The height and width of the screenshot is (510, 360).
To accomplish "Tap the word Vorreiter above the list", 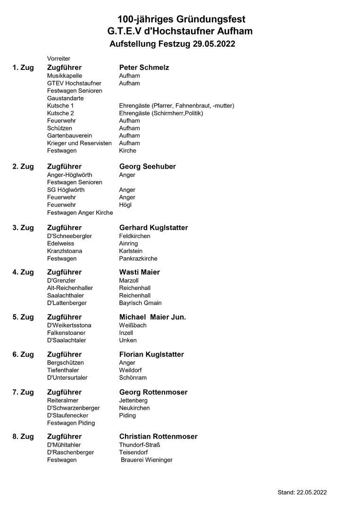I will click(x=59, y=59).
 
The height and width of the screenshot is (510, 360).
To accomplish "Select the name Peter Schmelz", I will click(x=144, y=68).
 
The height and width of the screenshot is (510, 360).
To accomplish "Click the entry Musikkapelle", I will click(x=65, y=76).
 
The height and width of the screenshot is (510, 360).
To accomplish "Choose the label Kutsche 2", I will click(x=60, y=113).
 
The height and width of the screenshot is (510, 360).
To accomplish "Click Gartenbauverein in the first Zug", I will click(x=69, y=136).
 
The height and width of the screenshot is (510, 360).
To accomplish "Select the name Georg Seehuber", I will click(x=147, y=167).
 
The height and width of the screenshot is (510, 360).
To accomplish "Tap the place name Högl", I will click(x=125, y=205).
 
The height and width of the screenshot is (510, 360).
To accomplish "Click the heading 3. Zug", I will click(x=23, y=228).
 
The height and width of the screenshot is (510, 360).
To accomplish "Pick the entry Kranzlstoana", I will click(x=65, y=251).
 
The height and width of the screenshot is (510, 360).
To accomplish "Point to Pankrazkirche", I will click(x=138, y=258).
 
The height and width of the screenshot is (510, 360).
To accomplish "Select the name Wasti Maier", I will click(x=139, y=272).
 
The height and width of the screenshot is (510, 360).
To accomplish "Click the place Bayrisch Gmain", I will click(x=140, y=303).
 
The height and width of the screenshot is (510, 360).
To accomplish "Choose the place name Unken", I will click(x=128, y=340).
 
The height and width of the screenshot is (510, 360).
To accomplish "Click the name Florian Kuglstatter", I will click(x=151, y=354).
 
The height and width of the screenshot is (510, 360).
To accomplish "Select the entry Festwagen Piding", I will click(x=71, y=423).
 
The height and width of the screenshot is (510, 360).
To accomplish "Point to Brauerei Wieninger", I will click(x=147, y=459).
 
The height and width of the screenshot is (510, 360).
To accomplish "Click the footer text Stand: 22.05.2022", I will click(x=302, y=492).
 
